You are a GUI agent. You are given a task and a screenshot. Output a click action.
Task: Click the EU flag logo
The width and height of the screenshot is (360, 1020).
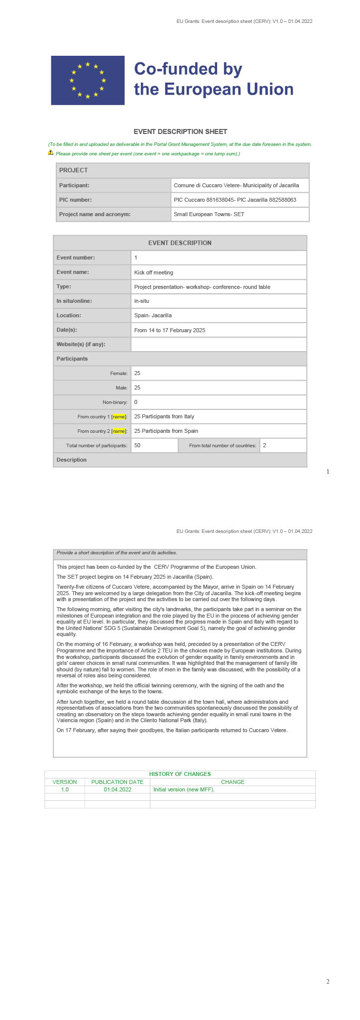[x=88, y=80]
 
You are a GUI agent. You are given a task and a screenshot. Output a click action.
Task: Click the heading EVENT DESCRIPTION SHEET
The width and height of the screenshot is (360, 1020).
[x=180, y=131]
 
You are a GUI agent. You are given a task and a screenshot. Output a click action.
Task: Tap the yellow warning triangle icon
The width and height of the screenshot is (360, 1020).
[x=51, y=152]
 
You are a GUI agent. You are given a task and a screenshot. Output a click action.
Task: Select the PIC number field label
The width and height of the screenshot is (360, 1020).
[x=76, y=200]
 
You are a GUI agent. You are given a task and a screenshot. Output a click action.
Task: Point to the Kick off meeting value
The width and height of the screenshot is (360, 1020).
[x=154, y=272]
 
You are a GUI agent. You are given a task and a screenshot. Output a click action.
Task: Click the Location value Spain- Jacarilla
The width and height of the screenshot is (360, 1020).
[x=153, y=315]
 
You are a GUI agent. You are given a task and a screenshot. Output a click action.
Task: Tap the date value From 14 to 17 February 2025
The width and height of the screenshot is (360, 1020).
[x=170, y=330]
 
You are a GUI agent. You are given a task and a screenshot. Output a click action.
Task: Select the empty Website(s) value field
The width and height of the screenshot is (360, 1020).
[x=219, y=344]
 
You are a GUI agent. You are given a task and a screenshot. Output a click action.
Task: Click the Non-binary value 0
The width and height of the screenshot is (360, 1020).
[x=136, y=402]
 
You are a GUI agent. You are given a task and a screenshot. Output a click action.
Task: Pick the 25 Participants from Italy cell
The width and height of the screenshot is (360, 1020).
[x=164, y=416]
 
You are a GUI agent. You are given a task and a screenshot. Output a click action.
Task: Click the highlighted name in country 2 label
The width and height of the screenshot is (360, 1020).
[x=119, y=431]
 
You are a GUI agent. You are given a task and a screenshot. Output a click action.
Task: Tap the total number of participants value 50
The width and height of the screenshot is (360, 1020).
[x=138, y=445]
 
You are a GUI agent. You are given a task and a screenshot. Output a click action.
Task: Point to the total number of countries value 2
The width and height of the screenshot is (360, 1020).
[x=265, y=445]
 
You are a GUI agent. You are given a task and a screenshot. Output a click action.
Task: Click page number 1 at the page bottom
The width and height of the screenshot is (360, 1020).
[x=328, y=472]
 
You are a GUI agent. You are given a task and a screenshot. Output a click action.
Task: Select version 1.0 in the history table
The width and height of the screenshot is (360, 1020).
[x=65, y=789]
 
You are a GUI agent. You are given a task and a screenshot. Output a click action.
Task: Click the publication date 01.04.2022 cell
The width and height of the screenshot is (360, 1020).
[x=118, y=789]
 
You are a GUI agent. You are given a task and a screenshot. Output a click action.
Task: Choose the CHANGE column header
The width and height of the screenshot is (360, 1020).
[x=233, y=782]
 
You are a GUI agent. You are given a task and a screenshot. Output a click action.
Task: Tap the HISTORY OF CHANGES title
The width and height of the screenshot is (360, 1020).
[x=180, y=774]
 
